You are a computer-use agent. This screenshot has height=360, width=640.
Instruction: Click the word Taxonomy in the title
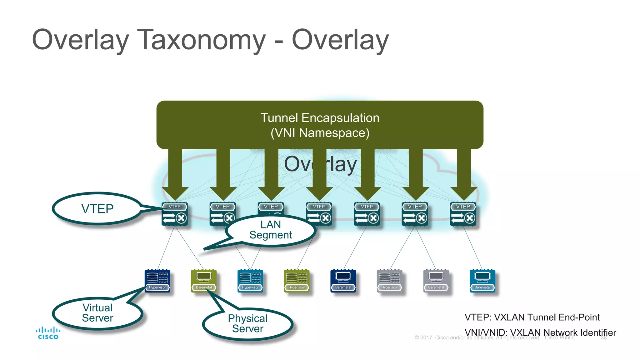(x=201, y=40)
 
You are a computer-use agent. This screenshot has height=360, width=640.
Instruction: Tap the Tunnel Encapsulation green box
(x=320, y=125)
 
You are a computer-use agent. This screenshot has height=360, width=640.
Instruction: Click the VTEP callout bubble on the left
(x=97, y=209)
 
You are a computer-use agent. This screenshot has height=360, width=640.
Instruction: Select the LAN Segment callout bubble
(x=271, y=230)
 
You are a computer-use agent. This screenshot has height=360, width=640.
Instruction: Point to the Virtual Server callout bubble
(x=97, y=313)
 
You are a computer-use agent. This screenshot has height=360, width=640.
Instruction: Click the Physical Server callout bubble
(x=247, y=324)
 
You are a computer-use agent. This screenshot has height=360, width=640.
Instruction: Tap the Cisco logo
(x=48, y=333)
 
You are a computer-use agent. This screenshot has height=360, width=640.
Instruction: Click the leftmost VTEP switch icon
(x=175, y=214)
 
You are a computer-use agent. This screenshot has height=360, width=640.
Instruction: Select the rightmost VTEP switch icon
(x=463, y=214)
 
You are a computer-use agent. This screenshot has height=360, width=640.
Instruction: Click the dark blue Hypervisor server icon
(x=157, y=281)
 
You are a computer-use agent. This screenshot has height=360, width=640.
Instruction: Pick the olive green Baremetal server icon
(x=204, y=281)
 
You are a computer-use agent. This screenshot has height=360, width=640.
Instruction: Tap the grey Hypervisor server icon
(x=389, y=281)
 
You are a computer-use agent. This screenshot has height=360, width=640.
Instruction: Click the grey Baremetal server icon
(x=436, y=281)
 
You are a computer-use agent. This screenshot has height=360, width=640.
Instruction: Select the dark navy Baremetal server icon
(x=343, y=281)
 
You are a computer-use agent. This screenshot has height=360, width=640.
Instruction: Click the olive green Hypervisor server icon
(x=297, y=281)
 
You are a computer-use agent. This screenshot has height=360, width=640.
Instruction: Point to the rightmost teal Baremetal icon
(x=482, y=281)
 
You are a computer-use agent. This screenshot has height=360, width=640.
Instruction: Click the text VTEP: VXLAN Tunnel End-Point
(x=532, y=317)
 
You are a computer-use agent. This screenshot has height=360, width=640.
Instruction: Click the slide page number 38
(x=604, y=338)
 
